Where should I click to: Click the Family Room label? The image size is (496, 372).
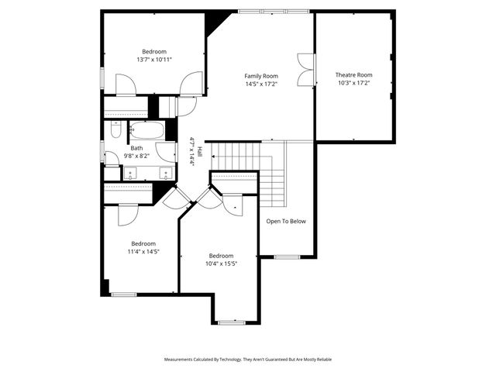tap(260, 75)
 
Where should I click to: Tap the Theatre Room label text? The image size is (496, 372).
tap(353, 75)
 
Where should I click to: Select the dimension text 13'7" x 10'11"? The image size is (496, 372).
tap(153, 59)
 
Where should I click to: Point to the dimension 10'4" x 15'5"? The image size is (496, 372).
tap(221, 263)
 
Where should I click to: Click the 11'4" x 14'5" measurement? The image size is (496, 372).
tap(143, 251)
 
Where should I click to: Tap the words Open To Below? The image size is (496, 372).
tap(286, 221)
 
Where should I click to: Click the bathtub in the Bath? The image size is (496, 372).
tap(146, 129)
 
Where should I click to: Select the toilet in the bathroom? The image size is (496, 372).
tap(115, 129)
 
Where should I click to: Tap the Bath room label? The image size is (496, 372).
tap(136, 148)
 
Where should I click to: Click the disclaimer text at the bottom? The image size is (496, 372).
tap(247, 360)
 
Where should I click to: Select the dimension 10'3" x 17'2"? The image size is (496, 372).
tap(353, 83)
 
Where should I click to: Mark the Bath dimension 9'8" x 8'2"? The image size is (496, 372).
tap(136, 156)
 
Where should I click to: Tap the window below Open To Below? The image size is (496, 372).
tap(287, 257)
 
